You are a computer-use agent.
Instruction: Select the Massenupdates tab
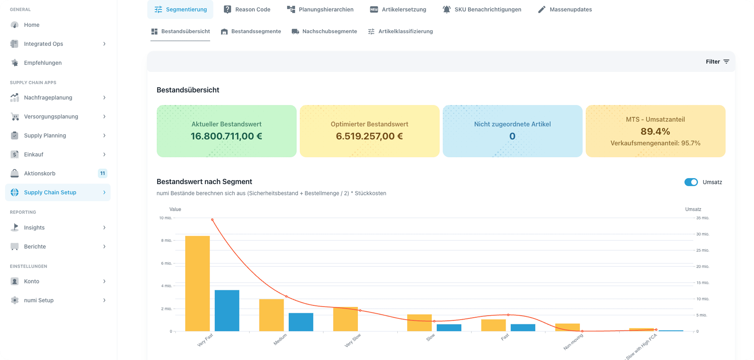[x=565, y=9]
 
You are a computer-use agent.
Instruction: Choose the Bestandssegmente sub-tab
[x=251, y=31]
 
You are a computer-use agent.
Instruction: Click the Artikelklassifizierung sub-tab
[x=400, y=31]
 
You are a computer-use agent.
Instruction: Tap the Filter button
[x=717, y=61]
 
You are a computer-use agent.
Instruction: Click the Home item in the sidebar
[x=32, y=25]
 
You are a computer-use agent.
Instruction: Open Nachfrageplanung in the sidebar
[x=48, y=97]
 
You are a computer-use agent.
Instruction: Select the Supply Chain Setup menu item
[x=50, y=192]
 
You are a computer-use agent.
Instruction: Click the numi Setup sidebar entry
[x=39, y=300]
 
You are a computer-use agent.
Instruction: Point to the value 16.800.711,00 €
[x=226, y=136]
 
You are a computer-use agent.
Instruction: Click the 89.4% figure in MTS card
[x=655, y=131]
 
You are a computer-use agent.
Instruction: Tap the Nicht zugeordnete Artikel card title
[x=512, y=124]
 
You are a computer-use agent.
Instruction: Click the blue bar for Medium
[x=301, y=322]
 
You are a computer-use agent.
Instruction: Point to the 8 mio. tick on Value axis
[x=166, y=240]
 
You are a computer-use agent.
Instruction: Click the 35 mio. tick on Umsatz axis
[x=703, y=218]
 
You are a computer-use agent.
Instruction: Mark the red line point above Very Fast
[x=212, y=220]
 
